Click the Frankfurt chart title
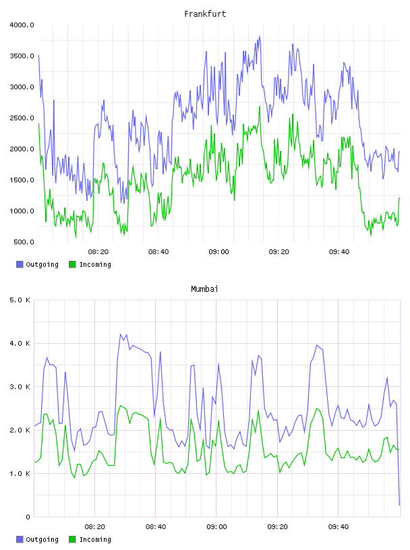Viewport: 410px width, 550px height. coord(205,14)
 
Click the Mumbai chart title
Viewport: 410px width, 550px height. coord(204,289)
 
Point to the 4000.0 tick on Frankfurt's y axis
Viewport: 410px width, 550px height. coord(22,25)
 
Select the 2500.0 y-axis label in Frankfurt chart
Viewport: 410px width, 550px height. coord(22,118)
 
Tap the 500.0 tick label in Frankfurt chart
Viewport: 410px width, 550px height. coord(24,242)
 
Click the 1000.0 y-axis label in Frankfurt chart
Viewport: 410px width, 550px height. coord(22,211)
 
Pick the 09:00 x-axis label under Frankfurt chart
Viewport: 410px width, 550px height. coord(218,252)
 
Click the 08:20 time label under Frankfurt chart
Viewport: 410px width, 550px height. coord(98,252)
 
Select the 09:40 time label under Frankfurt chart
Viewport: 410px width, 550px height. coord(339,252)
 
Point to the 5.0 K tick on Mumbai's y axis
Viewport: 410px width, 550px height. coord(20,300)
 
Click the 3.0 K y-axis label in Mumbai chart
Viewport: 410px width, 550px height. coord(20,386)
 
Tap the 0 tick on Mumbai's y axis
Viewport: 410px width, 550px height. coord(28,517)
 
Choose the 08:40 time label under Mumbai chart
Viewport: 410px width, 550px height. coord(156,527)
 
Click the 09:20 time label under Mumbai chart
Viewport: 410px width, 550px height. coord(277,527)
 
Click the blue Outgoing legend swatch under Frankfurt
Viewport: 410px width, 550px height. coord(20,264)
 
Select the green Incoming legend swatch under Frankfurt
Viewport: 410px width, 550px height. coord(72,264)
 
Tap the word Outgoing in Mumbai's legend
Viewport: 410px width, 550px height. coord(42,539)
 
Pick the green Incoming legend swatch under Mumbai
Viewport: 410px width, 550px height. coord(72,539)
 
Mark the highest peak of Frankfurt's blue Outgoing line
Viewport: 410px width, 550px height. coord(260,36)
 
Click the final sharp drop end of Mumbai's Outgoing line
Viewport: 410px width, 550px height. coord(399,505)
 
